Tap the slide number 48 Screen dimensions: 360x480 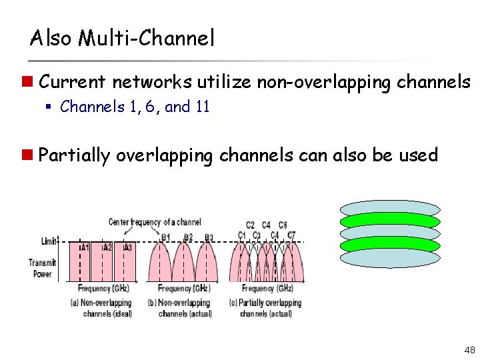tap(468, 349)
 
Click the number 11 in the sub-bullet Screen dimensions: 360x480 tap(203, 107)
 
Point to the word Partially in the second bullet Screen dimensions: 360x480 tap(74, 155)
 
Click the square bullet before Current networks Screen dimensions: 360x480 tap(29, 83)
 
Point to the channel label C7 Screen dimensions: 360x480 tap(291, 235)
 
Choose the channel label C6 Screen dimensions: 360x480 tap(283, 225)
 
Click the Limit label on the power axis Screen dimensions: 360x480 tap(49, 240)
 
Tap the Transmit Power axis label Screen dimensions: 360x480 tap(42, 268)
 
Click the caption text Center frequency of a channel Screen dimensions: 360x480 tap(155, 221)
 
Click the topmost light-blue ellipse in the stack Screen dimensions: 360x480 tap(390, 208)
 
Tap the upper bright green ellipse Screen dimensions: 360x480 tap(390, 220)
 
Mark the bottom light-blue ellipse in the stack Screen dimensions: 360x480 tap(390, 257)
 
